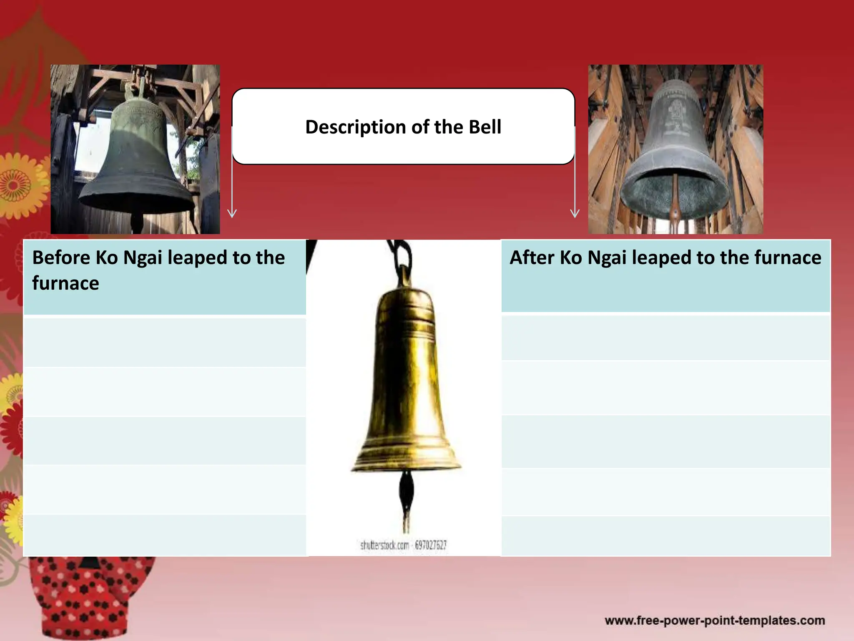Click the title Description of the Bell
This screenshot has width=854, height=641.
pos(403,127)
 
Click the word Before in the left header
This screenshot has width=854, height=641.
pos(61,257)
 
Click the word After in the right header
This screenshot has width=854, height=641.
pos(532,257)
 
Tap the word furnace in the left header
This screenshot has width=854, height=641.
pos(65,283)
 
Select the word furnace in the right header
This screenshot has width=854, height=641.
pos(788,257)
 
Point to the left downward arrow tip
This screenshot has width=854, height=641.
pos(232,216)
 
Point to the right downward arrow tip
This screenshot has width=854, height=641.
pos(575,216)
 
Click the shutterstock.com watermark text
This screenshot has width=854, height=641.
pos(403,545)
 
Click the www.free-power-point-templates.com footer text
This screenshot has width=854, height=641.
pos(715,621)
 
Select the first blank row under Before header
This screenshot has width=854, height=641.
pos(165,342)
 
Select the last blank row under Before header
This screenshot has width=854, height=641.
pos(165,535)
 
